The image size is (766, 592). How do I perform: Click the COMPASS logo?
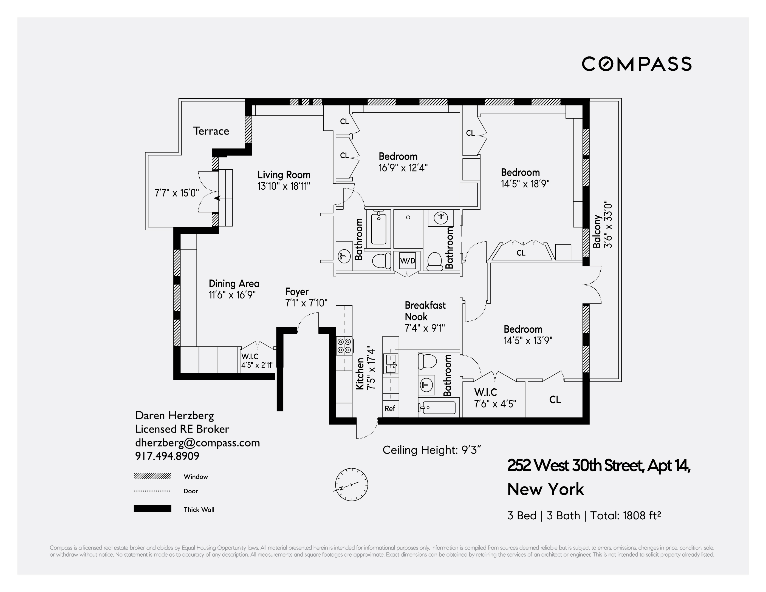pyautogui.click(x=637, y=64)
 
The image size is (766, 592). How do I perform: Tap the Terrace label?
pyautogui.click(x=211, y=131)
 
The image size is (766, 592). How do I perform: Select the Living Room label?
pyautogui.click(x=284, y=175)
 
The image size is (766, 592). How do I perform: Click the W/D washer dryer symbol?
pyautogui.click(x=408, y=260)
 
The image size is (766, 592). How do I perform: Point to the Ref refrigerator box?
pyautogui.click(x=390, y=408)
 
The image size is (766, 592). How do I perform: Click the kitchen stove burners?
pyautogui.click(x=344, y=346)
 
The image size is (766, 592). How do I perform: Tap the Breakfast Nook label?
pyautogui.click(x=425, y=311)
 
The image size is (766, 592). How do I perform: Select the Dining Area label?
pyautogui.click(x=234, y=284)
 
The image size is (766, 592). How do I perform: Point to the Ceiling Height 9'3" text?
pyautogui.click(x=431, y=450)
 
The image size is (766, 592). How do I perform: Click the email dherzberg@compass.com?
pyautogui.click(x=197, y=443)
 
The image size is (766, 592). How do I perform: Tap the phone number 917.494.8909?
pyautogui.click(x=167, y=456)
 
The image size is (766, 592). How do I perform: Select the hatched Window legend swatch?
pyautogui.click(x=152, y=476)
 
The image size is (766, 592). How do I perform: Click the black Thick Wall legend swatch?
pyautogui.click(x=152, y=509)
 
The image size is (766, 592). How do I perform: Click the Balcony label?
pyautogui.click(x=597, y=232)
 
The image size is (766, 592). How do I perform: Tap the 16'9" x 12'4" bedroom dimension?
pyautogui.click(x=403, y=168)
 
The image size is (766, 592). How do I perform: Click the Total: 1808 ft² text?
pyautogui.click(x=625, y=516)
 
